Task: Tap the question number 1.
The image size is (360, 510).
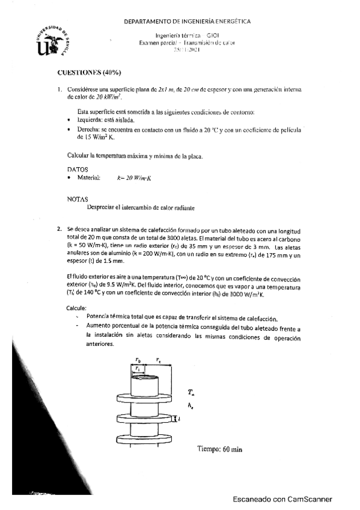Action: [59, 90]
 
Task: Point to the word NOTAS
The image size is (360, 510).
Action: [78, 198]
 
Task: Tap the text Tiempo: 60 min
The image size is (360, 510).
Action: [221, 449]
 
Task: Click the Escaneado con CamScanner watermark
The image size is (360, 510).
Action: [282, 499]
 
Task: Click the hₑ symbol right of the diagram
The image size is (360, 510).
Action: [191, 406]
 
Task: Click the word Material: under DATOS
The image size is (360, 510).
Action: [88, 179]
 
